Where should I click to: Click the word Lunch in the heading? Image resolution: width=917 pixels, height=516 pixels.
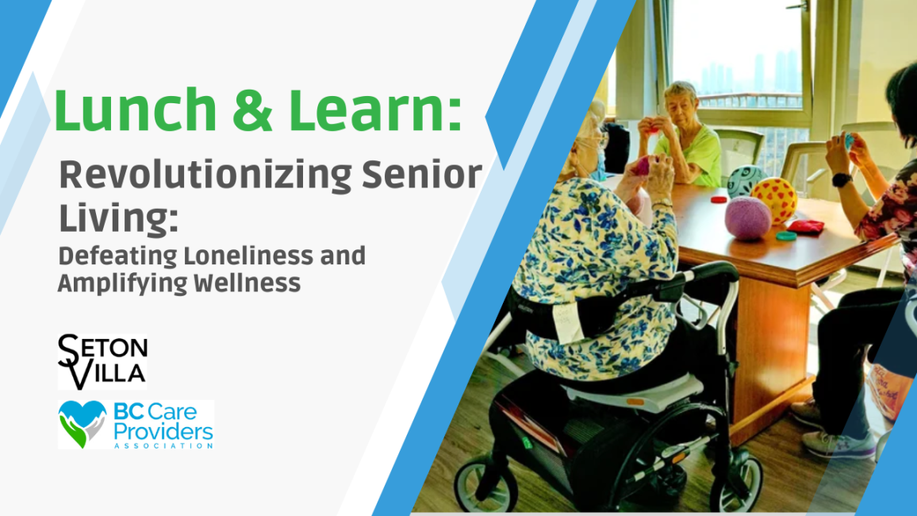[x=135, y=110]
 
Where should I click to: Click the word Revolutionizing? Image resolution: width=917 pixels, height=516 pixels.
[x=205, y=176]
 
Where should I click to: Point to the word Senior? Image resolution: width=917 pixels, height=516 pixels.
[x=422, y=174]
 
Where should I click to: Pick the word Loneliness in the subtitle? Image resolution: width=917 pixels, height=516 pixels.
[x=248, y=256]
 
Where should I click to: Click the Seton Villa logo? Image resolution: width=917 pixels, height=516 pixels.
[x=102, y=361]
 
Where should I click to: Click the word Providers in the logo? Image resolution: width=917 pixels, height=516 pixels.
[x=163, y=432]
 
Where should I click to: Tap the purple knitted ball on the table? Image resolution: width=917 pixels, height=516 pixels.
[x=747, y=218]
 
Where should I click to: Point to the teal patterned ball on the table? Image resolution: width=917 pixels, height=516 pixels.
[x=745, y=180]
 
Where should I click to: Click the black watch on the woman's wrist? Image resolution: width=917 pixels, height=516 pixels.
[x=841, y=179]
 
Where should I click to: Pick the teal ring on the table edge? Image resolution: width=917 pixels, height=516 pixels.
[x=785, y=236]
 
